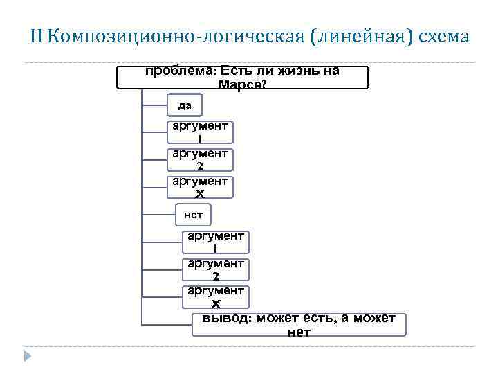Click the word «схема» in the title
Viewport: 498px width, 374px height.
443,35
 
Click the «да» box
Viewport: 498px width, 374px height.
185,105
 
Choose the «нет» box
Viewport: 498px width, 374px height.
193,215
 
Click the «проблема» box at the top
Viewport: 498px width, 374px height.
242,78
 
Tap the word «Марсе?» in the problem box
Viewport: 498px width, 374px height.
242,84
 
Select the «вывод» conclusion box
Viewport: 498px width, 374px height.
299,325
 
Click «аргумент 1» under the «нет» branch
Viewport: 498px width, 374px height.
216,242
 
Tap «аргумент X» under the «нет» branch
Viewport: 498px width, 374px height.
216,297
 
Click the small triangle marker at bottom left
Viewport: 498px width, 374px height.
28,356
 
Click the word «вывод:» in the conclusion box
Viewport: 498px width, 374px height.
228,318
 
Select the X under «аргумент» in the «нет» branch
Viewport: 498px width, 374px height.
216,304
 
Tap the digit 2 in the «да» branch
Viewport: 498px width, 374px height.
200,167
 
